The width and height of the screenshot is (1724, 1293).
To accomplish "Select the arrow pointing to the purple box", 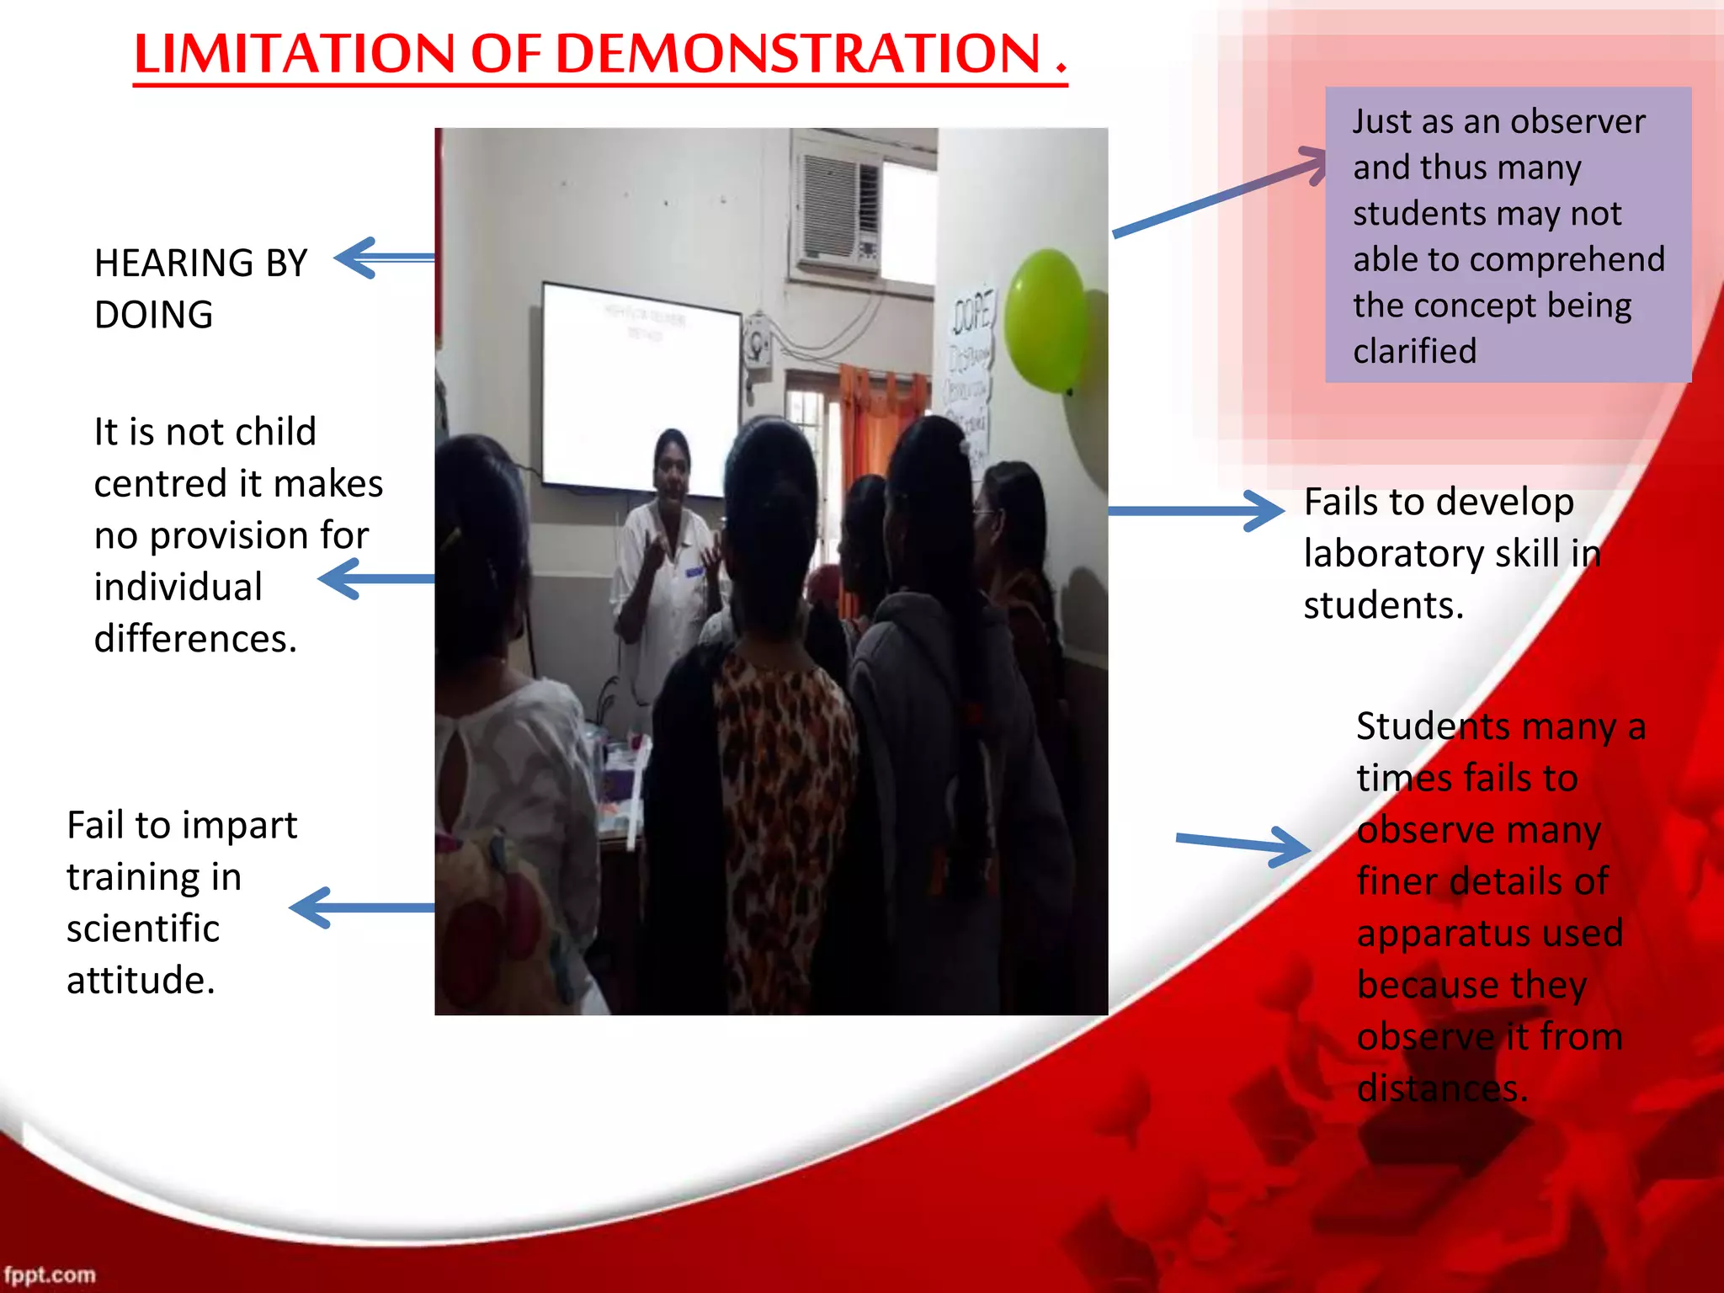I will [x=1221, y=194].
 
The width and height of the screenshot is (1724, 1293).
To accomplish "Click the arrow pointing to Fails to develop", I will [x=1195, y=510].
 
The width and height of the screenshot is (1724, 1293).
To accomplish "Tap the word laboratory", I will [x=1393, y=554].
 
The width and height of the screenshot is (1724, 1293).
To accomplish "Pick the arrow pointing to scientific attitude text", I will [x=362, y=907].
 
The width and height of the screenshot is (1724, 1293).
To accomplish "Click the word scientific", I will [x=143, y=929].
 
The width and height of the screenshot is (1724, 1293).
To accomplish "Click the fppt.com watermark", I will [x=50, y=1274].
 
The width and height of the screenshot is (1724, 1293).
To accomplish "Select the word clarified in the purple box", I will [x=1414, y=351].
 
